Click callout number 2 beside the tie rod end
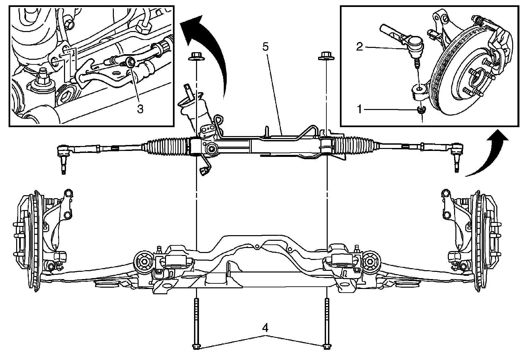click(x=360, y=47)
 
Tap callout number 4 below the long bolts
click(x=265, y=328)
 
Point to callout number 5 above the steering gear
click(x=266, y=46)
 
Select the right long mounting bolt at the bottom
click(x=326, y=324)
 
